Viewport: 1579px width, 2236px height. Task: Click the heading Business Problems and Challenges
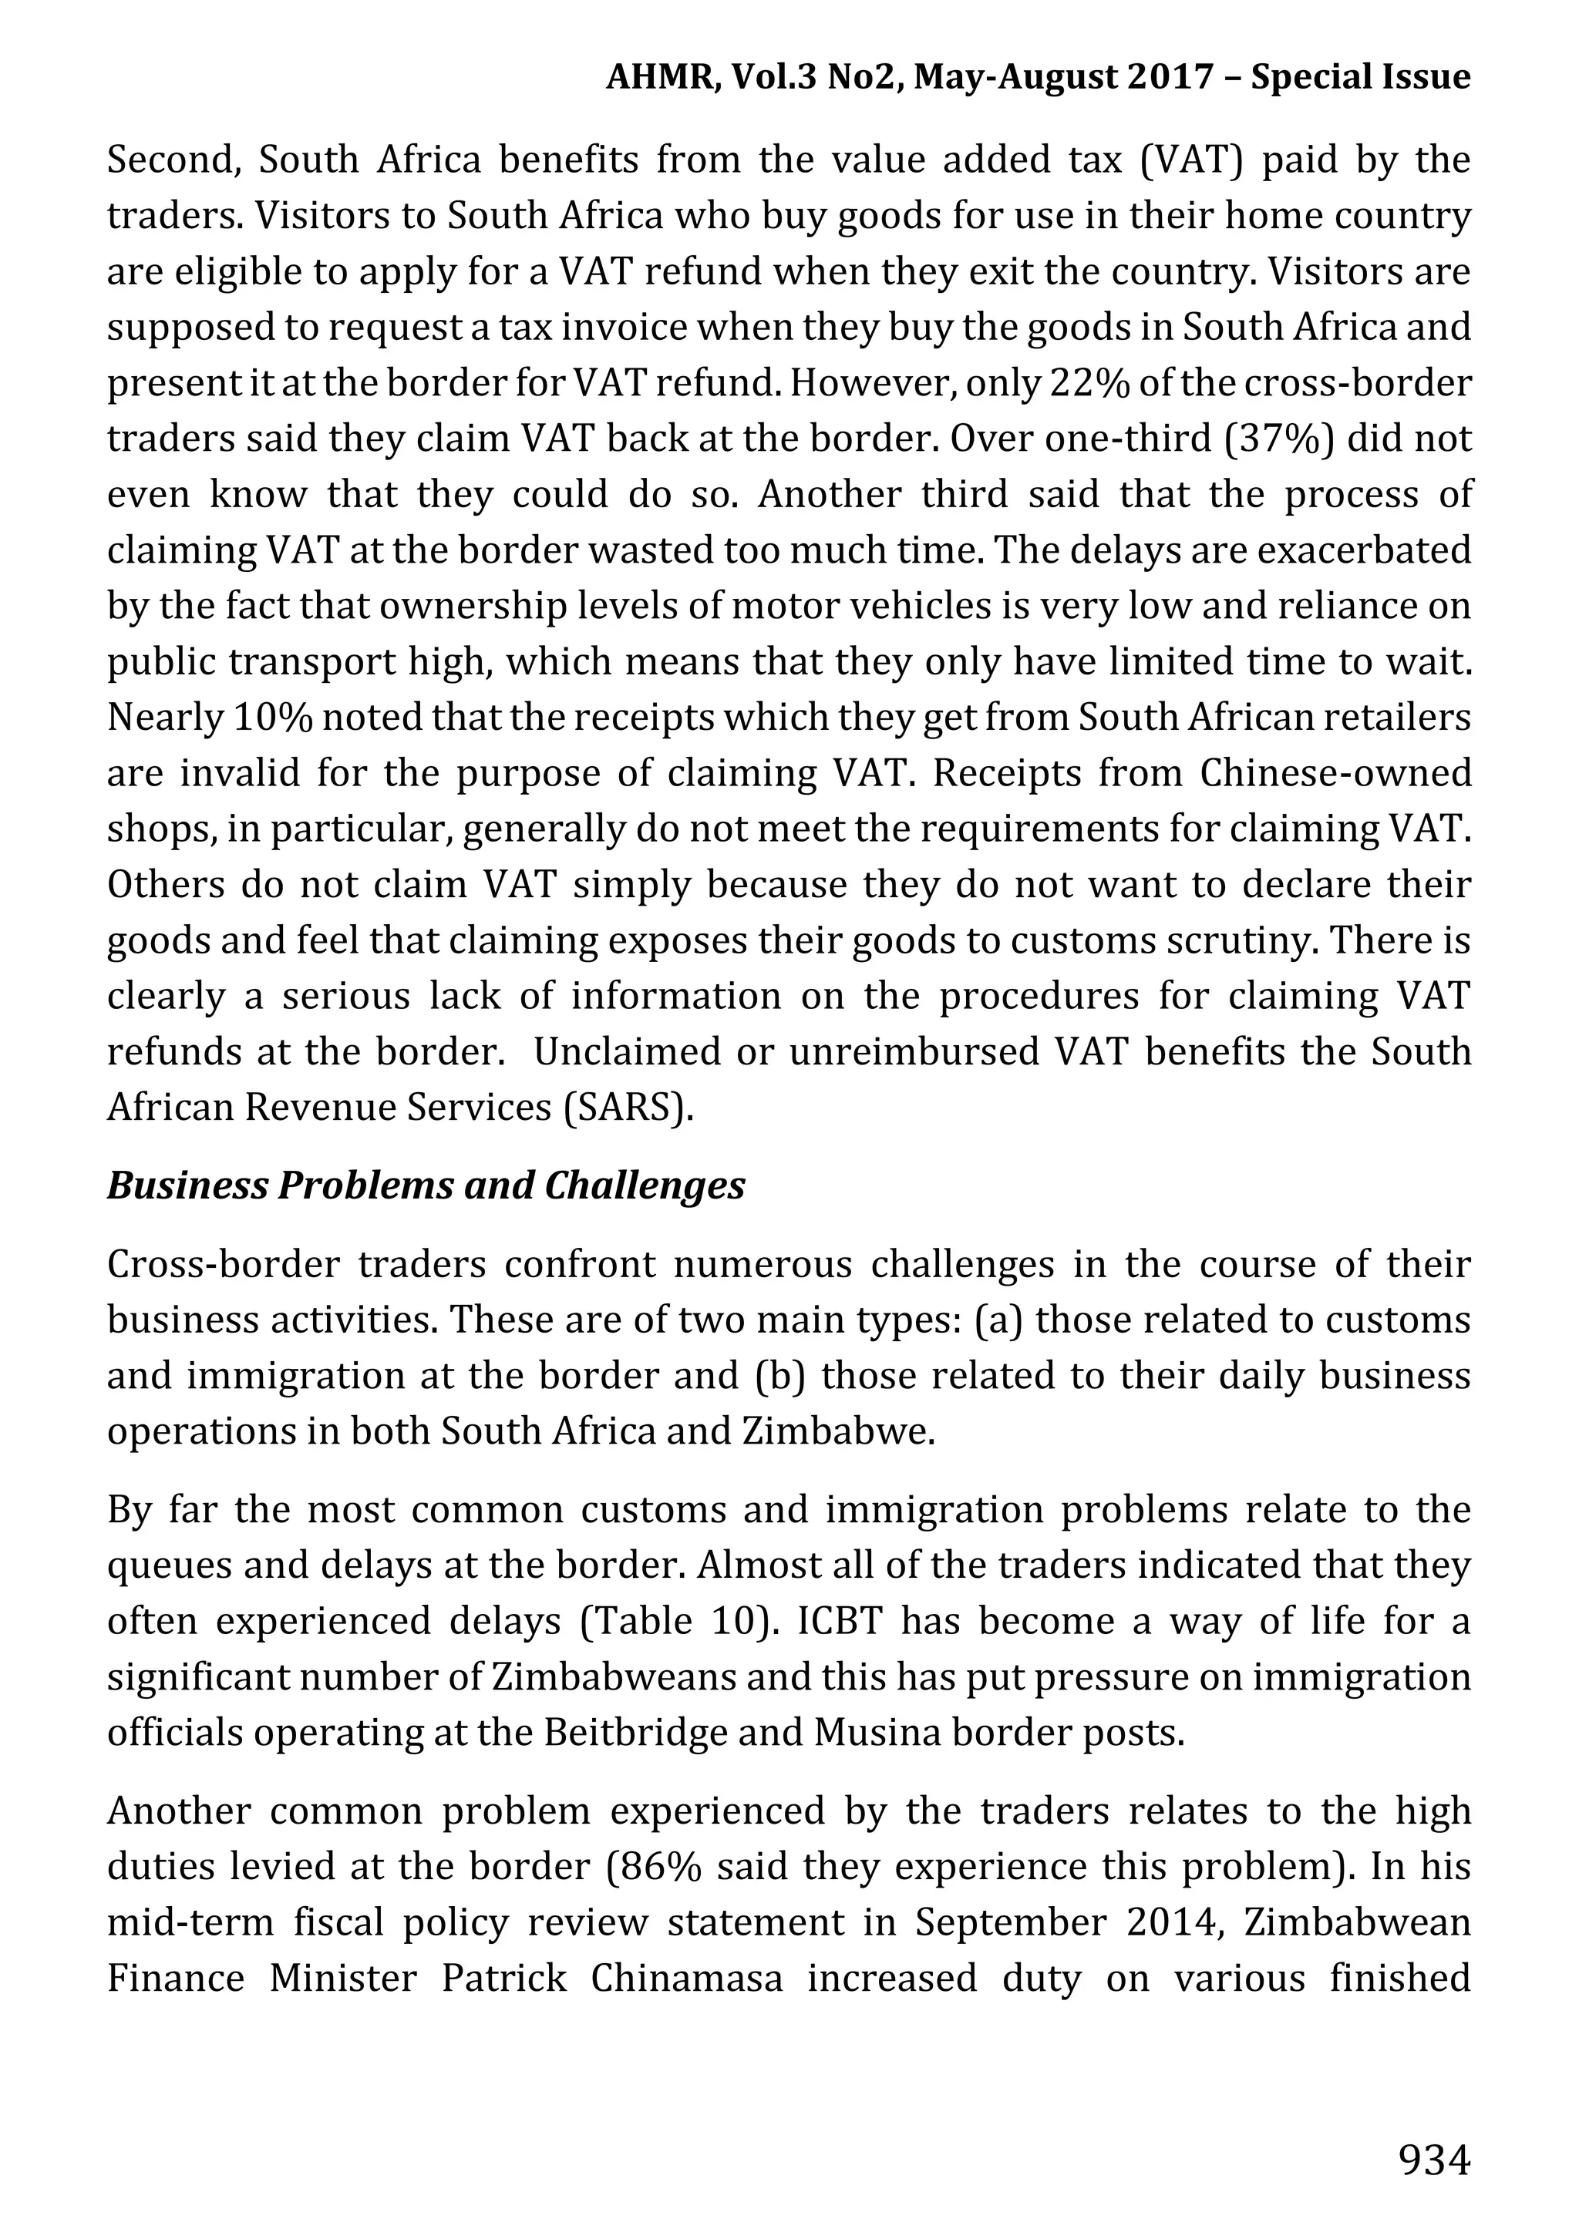426,1185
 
